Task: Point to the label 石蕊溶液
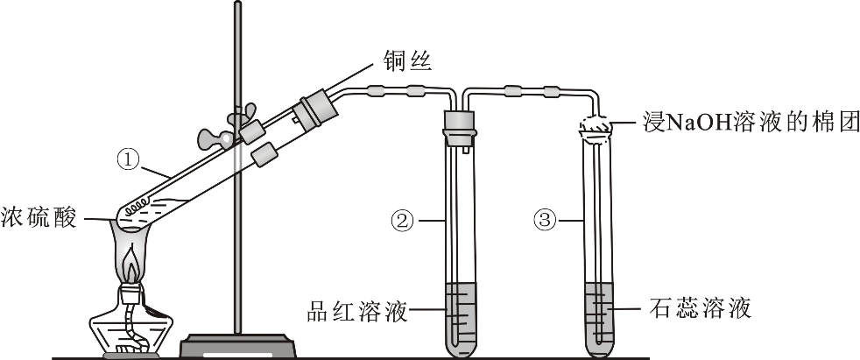click(x=700, y=308)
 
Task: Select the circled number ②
click(x=402, y=222)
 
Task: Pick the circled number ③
click(x=545, y=221)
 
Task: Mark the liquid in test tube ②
click(x=460, y=318)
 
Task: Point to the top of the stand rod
click(x=237, y=3)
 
